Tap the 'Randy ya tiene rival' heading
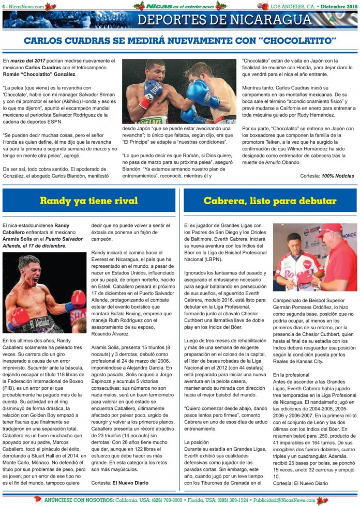(x=89, y=201)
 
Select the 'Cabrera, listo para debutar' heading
(x=270, y=201)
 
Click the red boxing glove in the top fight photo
(x=151, y=92)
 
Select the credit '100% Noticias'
(x=338, y=176)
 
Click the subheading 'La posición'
(x=197, y=442)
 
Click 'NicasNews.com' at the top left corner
(x=25, y=6)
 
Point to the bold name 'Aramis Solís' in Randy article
(x=20, y=239)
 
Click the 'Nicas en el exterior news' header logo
(x=179, y=6)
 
